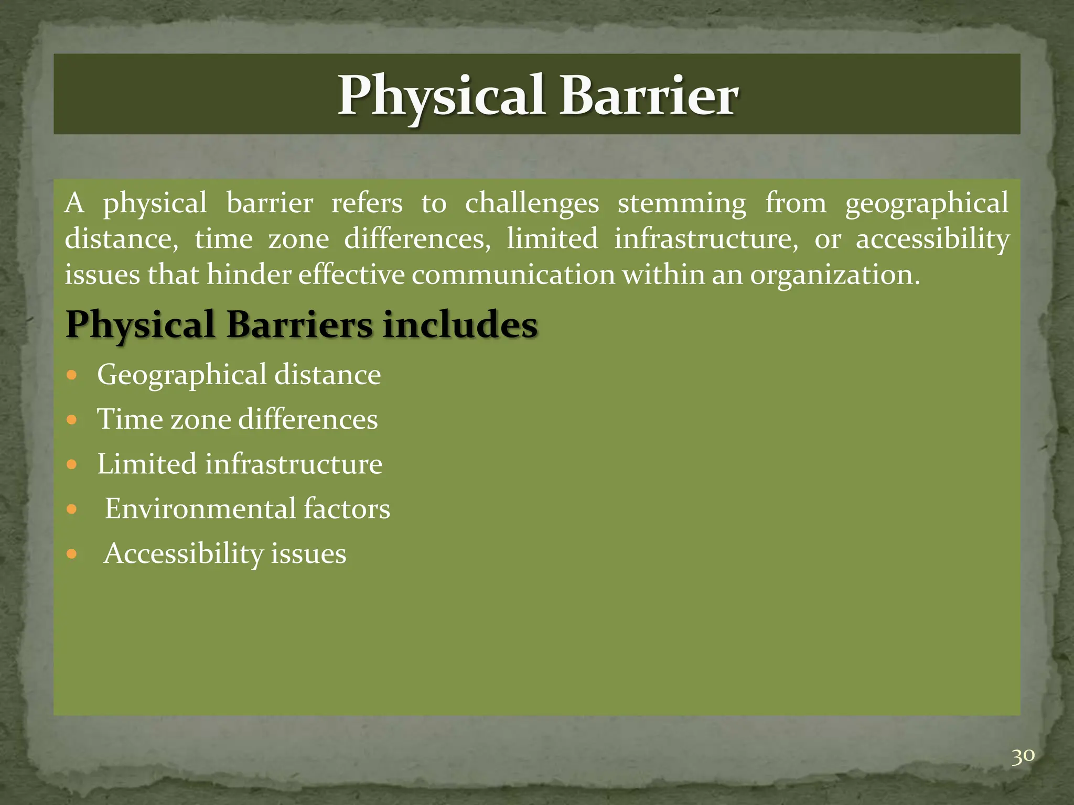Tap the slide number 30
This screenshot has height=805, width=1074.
click(1023, 756)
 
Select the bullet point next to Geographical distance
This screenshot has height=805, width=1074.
click(72, 375)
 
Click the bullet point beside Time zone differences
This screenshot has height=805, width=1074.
click(72, 420)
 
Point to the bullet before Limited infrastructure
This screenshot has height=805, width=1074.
click(72, 464)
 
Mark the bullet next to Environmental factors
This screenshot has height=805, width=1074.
click(72, 509)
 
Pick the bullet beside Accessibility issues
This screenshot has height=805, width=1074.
click(72, 554)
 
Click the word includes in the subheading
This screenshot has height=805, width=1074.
click(460, 324)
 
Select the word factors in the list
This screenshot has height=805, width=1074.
click(347, 508)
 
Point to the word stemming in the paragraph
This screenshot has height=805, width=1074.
click(682, 203)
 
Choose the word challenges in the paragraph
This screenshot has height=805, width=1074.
click(532, 203)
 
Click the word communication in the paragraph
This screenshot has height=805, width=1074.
click(513, 275)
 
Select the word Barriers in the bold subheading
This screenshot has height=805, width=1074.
click(299, 324)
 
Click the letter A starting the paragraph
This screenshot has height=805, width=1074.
click(74, 203)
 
